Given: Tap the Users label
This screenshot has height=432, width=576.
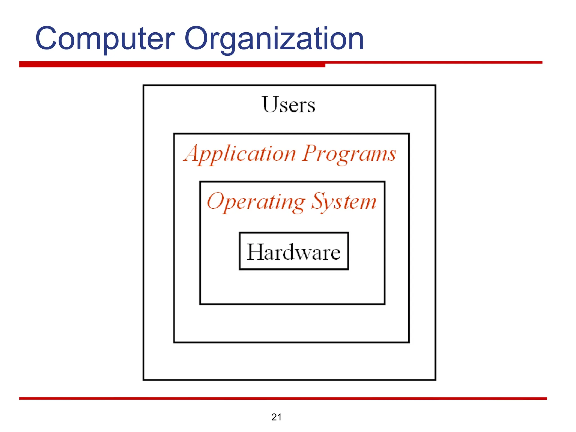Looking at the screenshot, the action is click(x=289, y=105).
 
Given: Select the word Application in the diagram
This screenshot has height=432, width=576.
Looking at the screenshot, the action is click(x=240, y=154).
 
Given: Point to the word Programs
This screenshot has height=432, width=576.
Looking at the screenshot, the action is click(x=349, y=154).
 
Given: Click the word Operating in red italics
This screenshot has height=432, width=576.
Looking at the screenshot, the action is click(x=256, y=202).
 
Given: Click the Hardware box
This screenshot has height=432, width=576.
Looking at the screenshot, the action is click(x=294, y=251).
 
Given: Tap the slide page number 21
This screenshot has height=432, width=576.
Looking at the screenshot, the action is click(x=276, y=417).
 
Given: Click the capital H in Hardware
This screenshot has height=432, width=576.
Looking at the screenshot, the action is click(x=256, y=252).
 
